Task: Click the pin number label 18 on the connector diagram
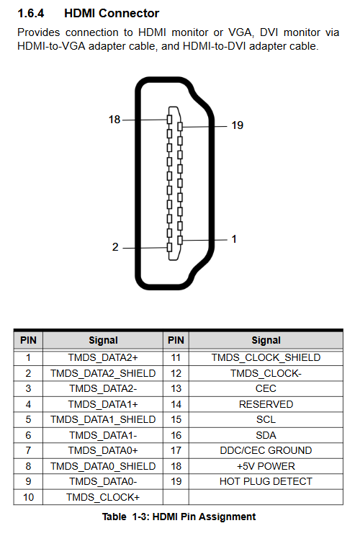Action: coord(114,120)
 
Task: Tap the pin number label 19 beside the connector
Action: coord(238,125)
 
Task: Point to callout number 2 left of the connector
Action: coord(115,247)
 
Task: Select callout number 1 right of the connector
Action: coord(234,239)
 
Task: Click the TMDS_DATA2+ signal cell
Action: coord(103,357)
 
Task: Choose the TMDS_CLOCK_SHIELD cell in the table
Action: coord(266,357)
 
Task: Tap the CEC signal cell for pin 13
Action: coord(266,388)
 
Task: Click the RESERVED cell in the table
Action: coord(266,404)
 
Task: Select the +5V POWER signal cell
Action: coord(266,466)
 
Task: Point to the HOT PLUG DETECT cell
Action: coord(266,482)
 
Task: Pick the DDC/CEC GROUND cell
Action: coord(266,450)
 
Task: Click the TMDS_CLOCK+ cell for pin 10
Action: coord(103,497)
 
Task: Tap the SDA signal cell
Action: coord(266,435)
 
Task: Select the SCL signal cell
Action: coord(266,420)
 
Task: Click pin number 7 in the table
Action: coord(28,450)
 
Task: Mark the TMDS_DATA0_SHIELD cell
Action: coord(103,466)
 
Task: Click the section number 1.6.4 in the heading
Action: coord(31,14)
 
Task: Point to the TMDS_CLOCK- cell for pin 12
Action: coord(266,373)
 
